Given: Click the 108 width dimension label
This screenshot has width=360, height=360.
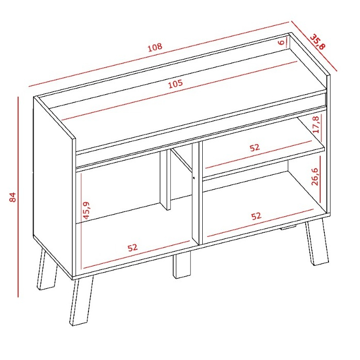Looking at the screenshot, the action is tap(155, 47).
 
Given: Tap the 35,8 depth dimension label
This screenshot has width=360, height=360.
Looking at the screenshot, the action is tap(318, 41).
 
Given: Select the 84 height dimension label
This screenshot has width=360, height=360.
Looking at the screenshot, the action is tap(13, 197).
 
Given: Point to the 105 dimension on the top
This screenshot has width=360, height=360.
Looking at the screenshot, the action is tap(176, 84).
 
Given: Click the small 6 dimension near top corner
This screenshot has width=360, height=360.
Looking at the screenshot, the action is tap(281, 42).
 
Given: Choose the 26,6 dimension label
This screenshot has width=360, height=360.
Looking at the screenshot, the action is tap(314, 176).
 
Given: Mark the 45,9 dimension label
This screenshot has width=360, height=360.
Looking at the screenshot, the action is tap(86, 211).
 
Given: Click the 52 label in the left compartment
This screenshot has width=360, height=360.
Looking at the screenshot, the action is tap(133, 248).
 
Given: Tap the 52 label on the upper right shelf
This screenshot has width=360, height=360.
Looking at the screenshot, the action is tap(254, 147).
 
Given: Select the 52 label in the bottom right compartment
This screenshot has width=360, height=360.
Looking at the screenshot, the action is tap(256, 216).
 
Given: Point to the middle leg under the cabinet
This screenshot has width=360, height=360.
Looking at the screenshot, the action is tap(182, 266).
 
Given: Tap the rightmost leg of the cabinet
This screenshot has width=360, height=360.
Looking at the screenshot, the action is tap(317, 242).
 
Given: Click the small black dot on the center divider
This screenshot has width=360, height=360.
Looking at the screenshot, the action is tap(194, 178).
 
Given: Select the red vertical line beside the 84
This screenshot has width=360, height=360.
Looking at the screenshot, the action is tap(18, 197).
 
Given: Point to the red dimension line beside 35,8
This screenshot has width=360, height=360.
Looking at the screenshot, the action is tap(314, 46).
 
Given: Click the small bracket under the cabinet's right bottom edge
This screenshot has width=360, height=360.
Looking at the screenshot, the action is tap(288, 228).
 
